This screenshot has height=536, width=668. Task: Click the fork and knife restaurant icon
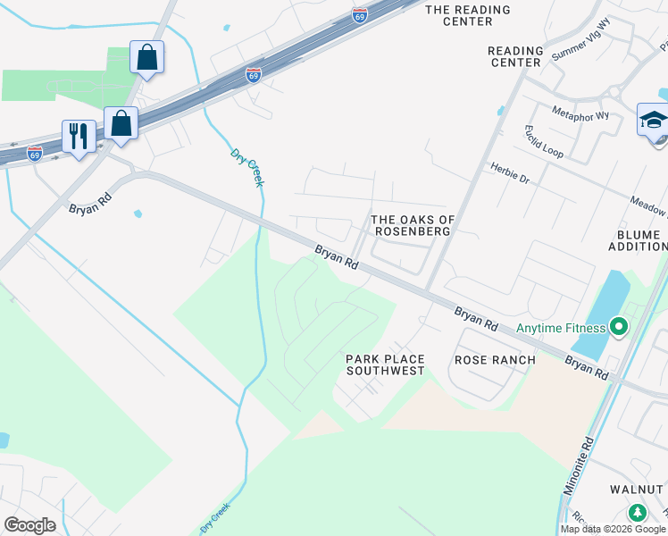pyautogui.click(x=79, y=137)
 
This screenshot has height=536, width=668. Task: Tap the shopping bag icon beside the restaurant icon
pyautogui.click(x=121, y=123)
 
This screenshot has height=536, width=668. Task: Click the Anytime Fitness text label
pyautogui.click(x=560, y=328)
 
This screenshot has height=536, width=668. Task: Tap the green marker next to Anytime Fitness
pyautogui.click(x=616, y=328)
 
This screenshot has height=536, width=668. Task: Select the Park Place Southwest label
pyautogui.click(x=385, y=364)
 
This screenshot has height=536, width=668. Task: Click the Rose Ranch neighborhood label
pyautogui.click(x=495, y=360)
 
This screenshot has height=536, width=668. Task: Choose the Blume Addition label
pyautogui.click(x=639, y=240)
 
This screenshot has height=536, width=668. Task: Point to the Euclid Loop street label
pyautogui.click(x=544, y=141)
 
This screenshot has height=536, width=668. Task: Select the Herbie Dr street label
pyautogui.click(x=510, y=173)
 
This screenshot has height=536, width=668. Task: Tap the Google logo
pyautogui.click(x=29, y=525)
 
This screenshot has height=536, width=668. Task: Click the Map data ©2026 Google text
pyautogui.click(x=612, y=529)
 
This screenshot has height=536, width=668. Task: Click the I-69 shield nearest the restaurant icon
pyautogui.click(x=35, y=153)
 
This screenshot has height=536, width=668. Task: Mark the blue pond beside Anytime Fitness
pyautogui.click(x=593, y=313)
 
